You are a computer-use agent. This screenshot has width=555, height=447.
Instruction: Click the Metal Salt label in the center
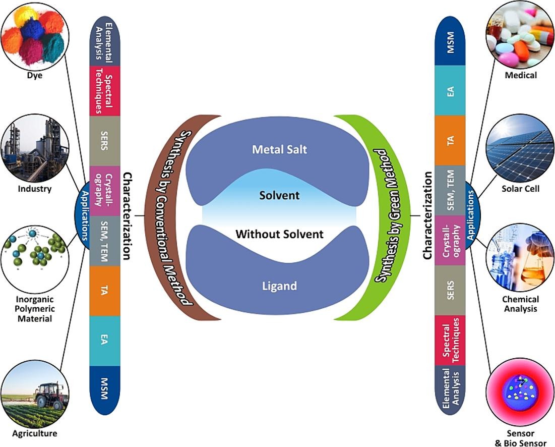pos(279,149)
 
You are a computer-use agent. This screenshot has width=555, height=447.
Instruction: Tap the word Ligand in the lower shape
pos(279,286)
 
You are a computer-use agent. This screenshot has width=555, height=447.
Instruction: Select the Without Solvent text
pos(279,234)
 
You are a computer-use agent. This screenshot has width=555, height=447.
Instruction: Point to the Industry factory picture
pos(33,149)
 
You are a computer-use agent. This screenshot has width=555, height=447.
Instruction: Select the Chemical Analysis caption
pos(521,304)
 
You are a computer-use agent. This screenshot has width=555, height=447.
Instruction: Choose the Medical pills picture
pos(520,35)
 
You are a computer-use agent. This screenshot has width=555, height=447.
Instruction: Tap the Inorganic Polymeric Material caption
pos(35,309)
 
